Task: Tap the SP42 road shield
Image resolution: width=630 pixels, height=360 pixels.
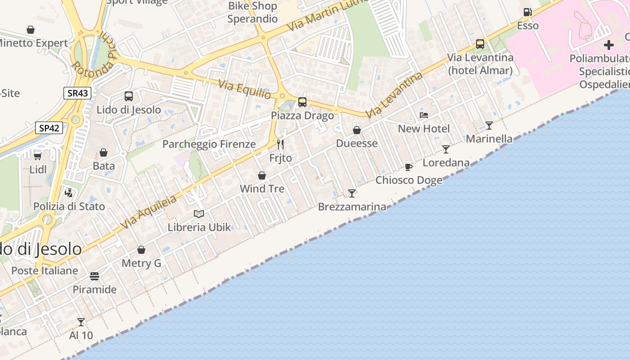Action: point(49,128)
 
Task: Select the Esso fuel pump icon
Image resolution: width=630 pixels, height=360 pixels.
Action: point(527,12)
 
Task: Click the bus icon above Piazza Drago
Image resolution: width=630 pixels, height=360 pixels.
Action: point(302,102)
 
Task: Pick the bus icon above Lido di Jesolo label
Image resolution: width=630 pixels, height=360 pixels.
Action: point(129,96)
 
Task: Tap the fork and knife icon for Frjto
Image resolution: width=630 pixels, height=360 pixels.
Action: point(280,144)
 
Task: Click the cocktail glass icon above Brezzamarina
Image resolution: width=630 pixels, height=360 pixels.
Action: point(352,193)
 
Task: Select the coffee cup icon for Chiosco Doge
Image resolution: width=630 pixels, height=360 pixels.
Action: point(409,167)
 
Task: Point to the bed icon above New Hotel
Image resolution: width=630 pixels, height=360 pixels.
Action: point(424,115)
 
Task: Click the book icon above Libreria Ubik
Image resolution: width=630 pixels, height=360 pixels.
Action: point(199,214)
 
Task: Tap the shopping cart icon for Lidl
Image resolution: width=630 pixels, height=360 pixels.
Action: point(38,156)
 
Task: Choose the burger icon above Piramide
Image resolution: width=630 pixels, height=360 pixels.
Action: point(94,276)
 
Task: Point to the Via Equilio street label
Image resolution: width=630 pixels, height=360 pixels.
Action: point(245,89)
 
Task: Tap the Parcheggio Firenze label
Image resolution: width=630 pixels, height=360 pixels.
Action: point(209,144)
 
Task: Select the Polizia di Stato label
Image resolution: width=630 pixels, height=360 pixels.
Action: point(69,207)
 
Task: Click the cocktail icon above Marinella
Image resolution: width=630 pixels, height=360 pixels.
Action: point(489,125)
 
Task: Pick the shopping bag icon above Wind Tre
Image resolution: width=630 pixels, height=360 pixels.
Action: point(262,175)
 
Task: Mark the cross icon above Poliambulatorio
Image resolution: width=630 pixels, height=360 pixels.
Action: point(609,45)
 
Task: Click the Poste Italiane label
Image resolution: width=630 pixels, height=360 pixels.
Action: point(45,270)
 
